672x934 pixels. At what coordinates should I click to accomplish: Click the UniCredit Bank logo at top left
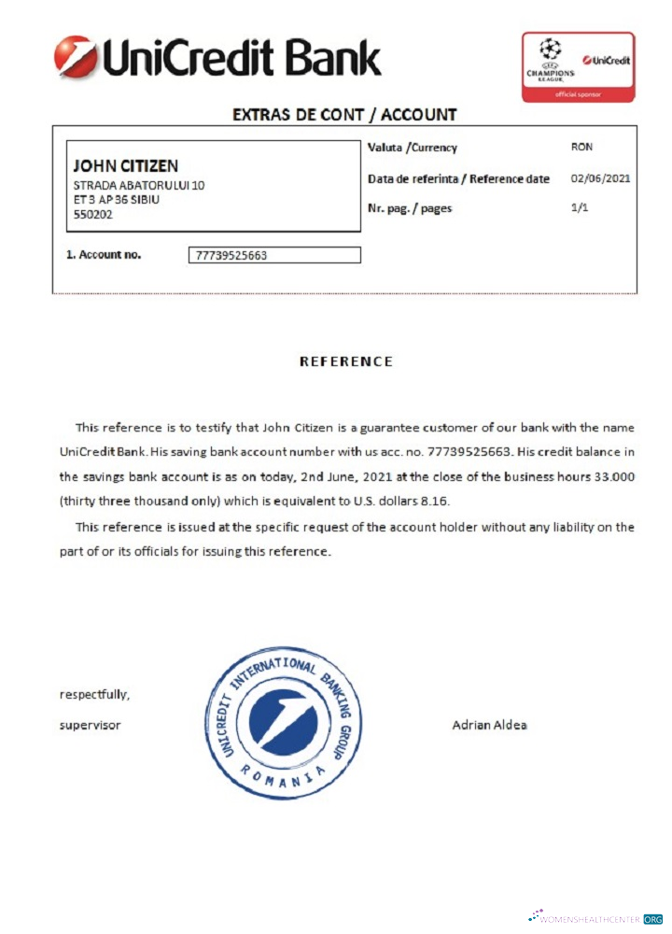pos(217,58)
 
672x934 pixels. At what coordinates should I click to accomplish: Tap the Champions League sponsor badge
pos(578,66)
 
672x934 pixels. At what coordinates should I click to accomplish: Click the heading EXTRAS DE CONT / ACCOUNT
pos(344,115)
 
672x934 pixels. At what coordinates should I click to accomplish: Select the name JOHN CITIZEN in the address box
pos(125,166)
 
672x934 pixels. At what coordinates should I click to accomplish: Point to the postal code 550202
pos(93,214)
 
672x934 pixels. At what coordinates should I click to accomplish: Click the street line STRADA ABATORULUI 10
pos(139,185)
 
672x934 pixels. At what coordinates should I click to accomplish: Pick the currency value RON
pos(581,147)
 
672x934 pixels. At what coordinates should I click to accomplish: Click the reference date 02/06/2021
pos(600,178)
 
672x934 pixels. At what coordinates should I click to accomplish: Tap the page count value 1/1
pos(580,208)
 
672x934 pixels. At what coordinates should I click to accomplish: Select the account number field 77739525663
pos(274,255)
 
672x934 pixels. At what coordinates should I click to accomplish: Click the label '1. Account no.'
pos(104,254)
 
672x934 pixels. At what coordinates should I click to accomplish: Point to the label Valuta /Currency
pos(413,148)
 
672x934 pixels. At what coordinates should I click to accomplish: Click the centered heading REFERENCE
pos(345,361)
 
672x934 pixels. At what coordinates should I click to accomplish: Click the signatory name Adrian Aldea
pos(489,725)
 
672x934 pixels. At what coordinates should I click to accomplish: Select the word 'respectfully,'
pos(94,695)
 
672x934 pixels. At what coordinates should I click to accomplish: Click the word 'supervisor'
pos(90,725)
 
